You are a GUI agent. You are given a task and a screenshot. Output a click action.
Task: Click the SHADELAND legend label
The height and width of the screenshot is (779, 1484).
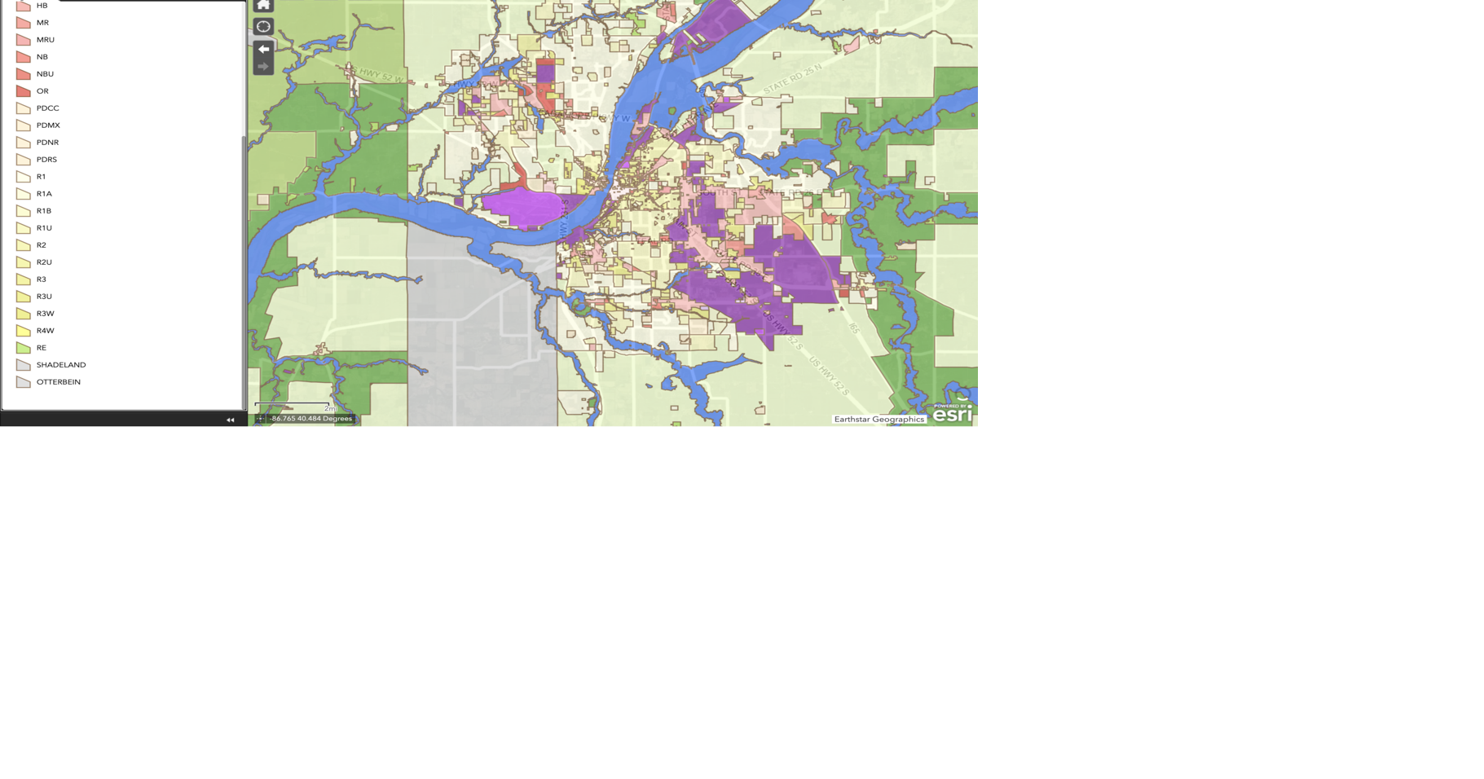click(x=60, y=365)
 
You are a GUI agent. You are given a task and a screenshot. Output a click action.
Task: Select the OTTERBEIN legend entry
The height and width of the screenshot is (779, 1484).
click(x=58, y=382)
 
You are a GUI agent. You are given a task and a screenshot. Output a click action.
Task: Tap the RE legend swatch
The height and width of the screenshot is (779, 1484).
click(x=24, y=348)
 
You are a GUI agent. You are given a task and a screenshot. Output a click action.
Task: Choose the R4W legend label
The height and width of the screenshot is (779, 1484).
click(x=45, y=331)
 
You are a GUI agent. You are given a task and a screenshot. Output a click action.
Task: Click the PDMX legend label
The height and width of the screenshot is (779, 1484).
click(x=48, y=125)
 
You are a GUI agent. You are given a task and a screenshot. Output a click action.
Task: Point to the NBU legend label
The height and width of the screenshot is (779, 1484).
click(x=45, y=74)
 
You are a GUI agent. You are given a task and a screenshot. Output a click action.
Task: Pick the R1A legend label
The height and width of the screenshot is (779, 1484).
click(x=44, y=194)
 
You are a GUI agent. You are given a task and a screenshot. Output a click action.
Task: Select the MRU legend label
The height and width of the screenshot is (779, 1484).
click(x=45, y=40)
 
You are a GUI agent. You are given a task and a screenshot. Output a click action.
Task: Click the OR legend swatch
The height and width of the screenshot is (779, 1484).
click(x=24, y=91)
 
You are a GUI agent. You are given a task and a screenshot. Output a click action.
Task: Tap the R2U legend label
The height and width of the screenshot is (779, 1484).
click(x=44, y=262)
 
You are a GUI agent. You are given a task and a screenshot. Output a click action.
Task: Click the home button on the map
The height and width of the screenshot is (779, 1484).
click(x=263, y=6)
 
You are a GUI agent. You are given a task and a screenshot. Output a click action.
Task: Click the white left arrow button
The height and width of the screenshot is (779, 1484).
click(x=263, y=49)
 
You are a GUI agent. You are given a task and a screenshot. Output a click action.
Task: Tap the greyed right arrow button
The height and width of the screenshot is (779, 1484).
click(x=263, y=67)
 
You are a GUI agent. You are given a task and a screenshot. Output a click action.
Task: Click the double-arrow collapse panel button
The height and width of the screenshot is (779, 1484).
click(x=230, y=420)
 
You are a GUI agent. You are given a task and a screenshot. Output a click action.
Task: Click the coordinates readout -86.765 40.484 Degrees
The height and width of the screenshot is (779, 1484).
click(x=310, y=419)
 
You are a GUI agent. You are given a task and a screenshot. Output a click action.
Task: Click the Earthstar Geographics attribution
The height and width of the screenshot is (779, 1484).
click(x=879, y=419)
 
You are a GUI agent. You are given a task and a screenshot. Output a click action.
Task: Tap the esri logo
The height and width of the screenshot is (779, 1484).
click(x=952, y=414)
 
